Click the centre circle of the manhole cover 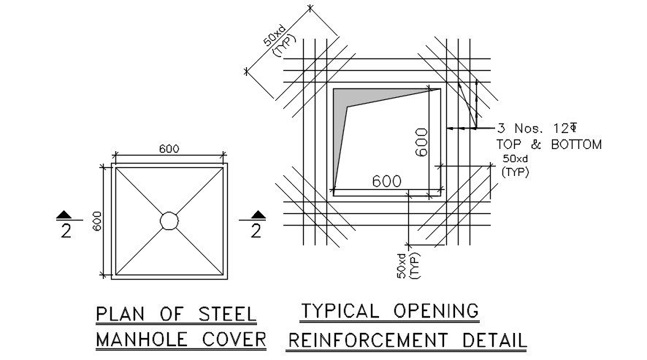[169, 221]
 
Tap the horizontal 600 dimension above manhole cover [169, 149]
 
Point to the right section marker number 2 [256, 231]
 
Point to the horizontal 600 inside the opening [386, 181]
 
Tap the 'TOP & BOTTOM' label [548, 145]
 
